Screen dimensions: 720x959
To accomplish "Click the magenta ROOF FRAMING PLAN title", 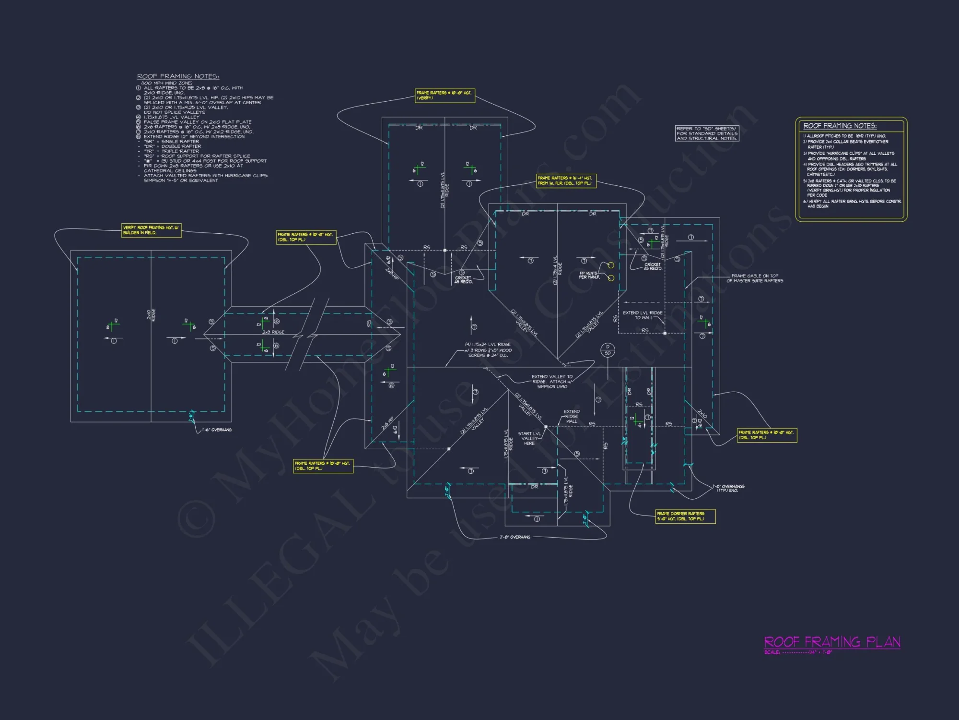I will pos(832,642).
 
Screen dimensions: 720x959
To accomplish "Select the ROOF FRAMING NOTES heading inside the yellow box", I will pos(840,126).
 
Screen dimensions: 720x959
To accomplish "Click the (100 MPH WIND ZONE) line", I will pos(167,83).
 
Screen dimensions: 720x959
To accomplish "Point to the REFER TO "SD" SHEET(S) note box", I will pos(707,133).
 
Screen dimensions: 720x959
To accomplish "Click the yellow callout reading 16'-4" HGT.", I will pos(566,180).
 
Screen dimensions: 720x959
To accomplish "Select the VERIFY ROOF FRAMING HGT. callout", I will pos(152,230).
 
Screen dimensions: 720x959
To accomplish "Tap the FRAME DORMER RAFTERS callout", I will pos(685,516).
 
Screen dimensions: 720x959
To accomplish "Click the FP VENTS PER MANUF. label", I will pos(589,275).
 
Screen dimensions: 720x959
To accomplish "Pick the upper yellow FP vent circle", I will pos(611,265).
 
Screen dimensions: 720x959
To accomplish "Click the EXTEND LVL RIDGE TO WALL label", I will pos(643,315).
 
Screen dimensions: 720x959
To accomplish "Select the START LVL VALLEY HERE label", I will pos(529,438).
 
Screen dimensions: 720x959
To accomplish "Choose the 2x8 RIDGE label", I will pos(273,332).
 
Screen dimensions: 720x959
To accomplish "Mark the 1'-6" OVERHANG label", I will pos(217,430).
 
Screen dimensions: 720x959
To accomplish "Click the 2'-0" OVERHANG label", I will pos(515,537).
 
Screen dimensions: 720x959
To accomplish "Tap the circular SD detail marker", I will pos(608,350).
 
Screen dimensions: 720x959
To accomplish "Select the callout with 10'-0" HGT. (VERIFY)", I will pos(444,96).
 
